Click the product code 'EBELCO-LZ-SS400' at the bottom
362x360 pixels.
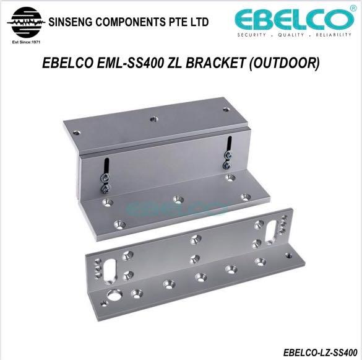[x=320, y=351]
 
